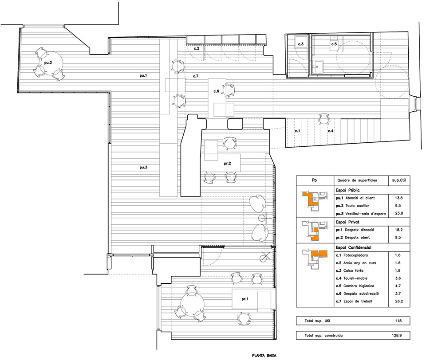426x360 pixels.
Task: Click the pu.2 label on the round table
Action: point(48,63)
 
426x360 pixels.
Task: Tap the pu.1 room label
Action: point(143,75)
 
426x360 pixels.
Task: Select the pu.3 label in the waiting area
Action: point(143,167)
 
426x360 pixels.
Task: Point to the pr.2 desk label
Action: point(227,164)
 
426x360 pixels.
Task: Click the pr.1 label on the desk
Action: point(245,299)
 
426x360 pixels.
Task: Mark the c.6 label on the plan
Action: point(216,91)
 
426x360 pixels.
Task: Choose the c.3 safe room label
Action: point(301,44)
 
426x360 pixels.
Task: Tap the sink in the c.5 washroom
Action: point(318,66)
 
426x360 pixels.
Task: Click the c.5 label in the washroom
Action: point(334,44)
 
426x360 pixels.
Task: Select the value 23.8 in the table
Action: point(399,213)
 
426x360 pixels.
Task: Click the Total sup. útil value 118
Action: point(398,321)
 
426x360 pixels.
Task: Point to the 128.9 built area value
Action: point(397,335)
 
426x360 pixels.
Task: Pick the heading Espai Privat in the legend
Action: point(347,222)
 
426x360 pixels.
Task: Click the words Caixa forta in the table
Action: point(353,271)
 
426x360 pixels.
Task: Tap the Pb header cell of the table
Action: point(314,180)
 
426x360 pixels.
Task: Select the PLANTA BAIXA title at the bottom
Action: point(264,356)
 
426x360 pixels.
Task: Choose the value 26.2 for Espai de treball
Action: point(399,301)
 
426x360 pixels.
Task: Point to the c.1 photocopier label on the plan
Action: point(297,131)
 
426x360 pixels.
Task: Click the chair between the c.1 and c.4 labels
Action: point(324,119)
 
